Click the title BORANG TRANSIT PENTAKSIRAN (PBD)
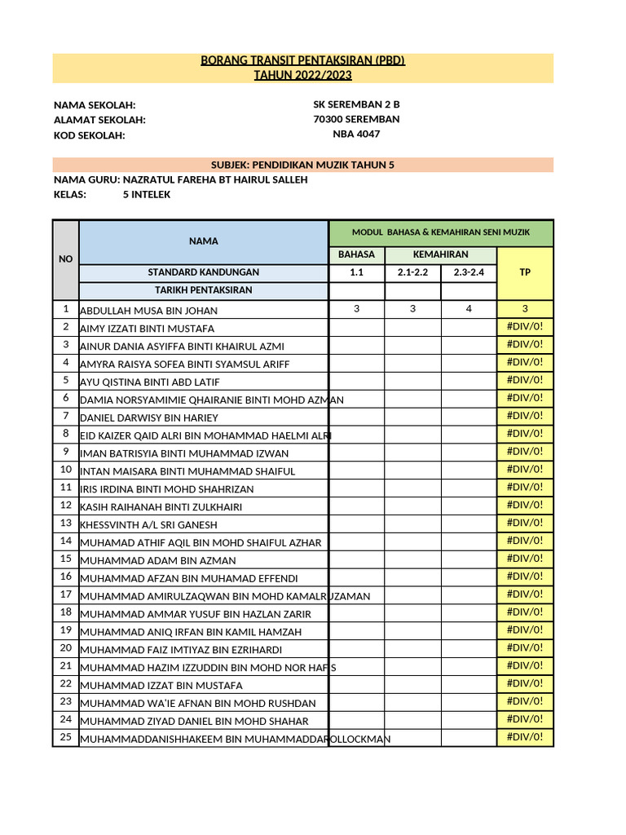coord(303,60)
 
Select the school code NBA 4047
coord(356,135)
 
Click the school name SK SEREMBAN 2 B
coord(356,104)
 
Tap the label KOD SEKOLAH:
coord(90,135)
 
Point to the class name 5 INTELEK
coord(147,195)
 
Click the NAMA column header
coord(203,241)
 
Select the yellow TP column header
coord(525,272)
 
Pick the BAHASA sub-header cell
coord(356,255)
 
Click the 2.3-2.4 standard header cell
coord(469,272)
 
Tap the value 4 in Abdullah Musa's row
coord(469,309)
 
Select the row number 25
coord(65,737)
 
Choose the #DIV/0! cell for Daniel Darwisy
coord(525,416)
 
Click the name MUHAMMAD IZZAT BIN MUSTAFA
coord(161,686)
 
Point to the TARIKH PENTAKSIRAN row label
coord(203,290)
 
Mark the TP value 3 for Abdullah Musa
coord(525,309)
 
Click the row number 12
coord(65,506)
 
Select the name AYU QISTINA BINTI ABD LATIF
coord(149,382)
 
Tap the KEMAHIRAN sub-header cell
coord(440,255)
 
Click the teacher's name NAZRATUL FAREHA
coord(215,179)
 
